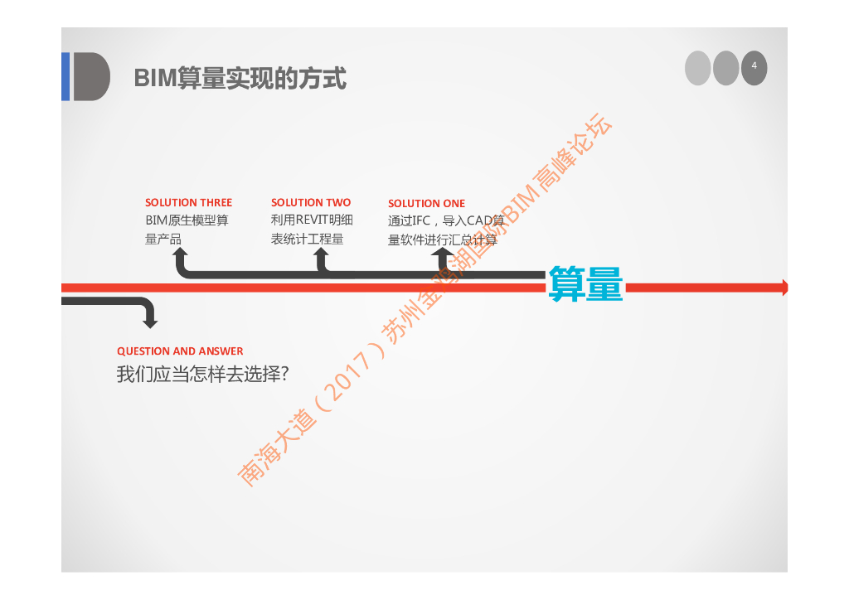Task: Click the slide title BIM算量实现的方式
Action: click(x=240, y=79)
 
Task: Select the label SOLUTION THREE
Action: click(x=188, y=202)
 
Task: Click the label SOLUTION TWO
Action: click(x=311, y=202)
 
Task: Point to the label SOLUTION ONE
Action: click(x=426, y=203)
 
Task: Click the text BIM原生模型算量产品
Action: click(x=187, y=230)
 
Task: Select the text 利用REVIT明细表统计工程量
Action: click(x=312, y=230)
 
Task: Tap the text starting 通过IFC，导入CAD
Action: click(x=446, y=230)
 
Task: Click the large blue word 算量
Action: click(x=585, y=284)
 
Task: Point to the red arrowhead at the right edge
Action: click(x=783, y=288)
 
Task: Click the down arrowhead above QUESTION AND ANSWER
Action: click(x=149, y=321)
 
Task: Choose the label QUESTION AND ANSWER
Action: click(x=180, y=351)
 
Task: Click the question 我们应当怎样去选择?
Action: click(x=202, y=375)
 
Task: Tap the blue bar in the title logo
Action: click(x=65, y=76)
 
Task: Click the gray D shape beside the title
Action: click(x=91, y=76)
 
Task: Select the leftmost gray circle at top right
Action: click(x=698, y=68)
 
